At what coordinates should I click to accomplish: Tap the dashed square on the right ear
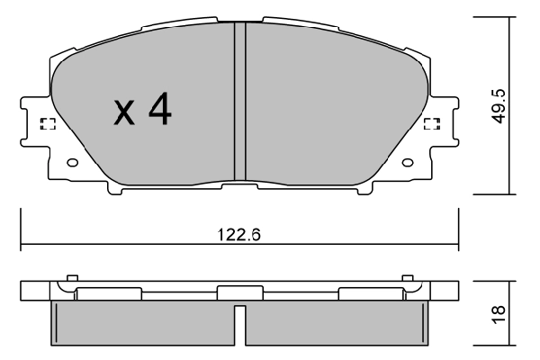point(431,124)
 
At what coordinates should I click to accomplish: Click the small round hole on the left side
point(73,164)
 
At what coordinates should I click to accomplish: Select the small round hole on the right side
point(407,164)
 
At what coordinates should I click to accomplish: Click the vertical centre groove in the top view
point(239,99)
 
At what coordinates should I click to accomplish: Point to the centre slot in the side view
point(239,324)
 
